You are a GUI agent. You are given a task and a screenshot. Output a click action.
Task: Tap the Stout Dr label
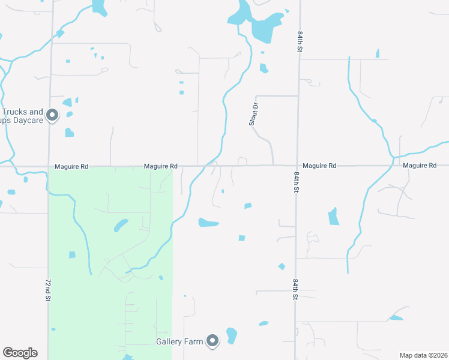click(x=254, y=114)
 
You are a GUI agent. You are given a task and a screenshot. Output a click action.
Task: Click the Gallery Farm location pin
click(x=212, y=341)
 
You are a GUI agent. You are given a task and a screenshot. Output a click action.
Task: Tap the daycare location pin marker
click(x=52, y=115)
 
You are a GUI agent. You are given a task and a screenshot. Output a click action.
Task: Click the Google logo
click(x=20, y=353)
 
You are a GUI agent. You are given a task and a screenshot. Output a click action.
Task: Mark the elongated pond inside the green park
click(x=121, y=225)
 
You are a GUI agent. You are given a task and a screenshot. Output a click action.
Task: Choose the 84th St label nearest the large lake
click(x=298, y=42)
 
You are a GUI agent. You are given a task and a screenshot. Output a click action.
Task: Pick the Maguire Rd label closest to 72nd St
click(x=71, y=166)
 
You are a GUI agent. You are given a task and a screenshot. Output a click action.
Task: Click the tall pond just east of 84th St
click(x=333, y=216)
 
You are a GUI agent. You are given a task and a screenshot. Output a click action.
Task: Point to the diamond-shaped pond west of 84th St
click(x=281, y=266)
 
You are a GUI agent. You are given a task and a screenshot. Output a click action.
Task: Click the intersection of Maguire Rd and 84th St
click(x=297, y=166)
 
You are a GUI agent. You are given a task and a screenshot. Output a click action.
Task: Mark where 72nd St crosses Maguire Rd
click(x=49, y=166)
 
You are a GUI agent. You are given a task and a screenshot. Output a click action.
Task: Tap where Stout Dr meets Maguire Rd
click(x=273, y=166)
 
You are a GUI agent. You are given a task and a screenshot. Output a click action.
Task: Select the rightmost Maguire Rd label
click(x=420, y=165)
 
